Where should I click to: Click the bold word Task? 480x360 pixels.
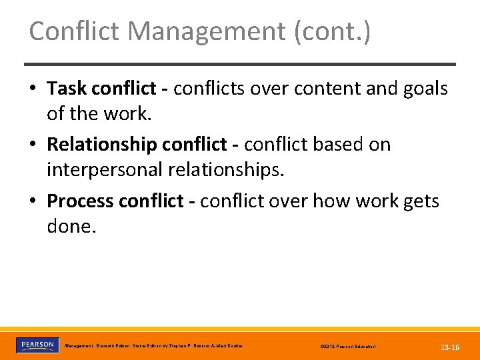[x=67, y=89]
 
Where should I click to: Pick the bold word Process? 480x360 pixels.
[x=81, y=201]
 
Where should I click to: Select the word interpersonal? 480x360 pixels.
[x=104, y=170]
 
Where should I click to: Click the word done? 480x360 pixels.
[x=71, y=226]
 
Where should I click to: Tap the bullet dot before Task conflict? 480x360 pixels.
[x=33, y=89]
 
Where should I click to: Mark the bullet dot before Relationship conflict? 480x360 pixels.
[x=33, y=145]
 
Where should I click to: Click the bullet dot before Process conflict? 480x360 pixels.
[x=33, y=201]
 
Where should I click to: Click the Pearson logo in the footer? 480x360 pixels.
[x=36, y=345]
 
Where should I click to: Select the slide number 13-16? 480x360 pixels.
[x=450, y=347]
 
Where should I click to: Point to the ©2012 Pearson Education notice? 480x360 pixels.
[x=347, y=347]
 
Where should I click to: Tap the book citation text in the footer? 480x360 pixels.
[x=153, y=346]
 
